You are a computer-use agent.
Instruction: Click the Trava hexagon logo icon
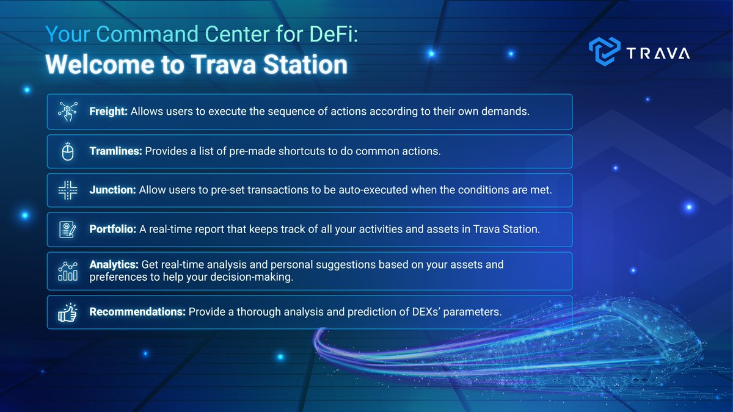[604, 51]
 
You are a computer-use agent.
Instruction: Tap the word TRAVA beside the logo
[658, 53]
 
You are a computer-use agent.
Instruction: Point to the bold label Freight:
[108, 112]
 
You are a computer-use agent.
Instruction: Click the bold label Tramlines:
[116, 151]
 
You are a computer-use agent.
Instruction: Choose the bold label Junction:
[112, 190]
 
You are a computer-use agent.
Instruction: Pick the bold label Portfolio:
[112, 229]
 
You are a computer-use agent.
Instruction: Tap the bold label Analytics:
[114, 264]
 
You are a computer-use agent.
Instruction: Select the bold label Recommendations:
[137, 312]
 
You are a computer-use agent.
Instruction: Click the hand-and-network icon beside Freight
[68, 112]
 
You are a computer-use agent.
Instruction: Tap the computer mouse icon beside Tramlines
[68, 152]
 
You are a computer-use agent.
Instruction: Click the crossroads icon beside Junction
[68, 190]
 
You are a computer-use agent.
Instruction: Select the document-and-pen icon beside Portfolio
[68, 229]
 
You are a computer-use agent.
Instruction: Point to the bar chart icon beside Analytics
[68, 271]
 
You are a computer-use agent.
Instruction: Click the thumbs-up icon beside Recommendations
[67, 313]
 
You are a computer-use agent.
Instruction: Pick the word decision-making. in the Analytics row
[252, 277]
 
